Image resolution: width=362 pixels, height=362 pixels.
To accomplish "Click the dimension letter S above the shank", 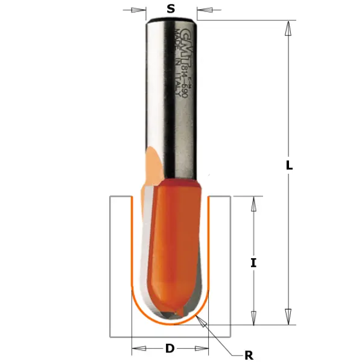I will (x=171, y=8).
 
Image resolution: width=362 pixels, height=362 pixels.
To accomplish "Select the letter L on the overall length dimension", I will (x=290, y=165).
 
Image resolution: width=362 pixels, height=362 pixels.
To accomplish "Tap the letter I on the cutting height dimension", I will (x=254, y=262).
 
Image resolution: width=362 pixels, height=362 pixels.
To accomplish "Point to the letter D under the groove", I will (x=170, y=348).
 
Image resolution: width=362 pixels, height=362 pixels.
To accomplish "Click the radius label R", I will (x=249, y=354).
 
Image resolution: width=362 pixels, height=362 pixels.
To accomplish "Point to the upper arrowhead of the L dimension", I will (x=289, y=27).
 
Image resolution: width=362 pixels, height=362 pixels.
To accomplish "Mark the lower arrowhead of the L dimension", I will (x=289, y=317).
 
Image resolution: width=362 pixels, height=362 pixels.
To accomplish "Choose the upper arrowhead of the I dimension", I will (x=254, y=203).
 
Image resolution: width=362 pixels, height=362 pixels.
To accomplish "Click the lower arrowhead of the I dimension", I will (x=254, y=317).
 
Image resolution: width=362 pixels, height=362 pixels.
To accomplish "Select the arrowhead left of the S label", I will (x=142, y=10).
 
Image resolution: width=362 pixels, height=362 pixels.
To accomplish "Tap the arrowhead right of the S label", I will (x=201, y=10).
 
